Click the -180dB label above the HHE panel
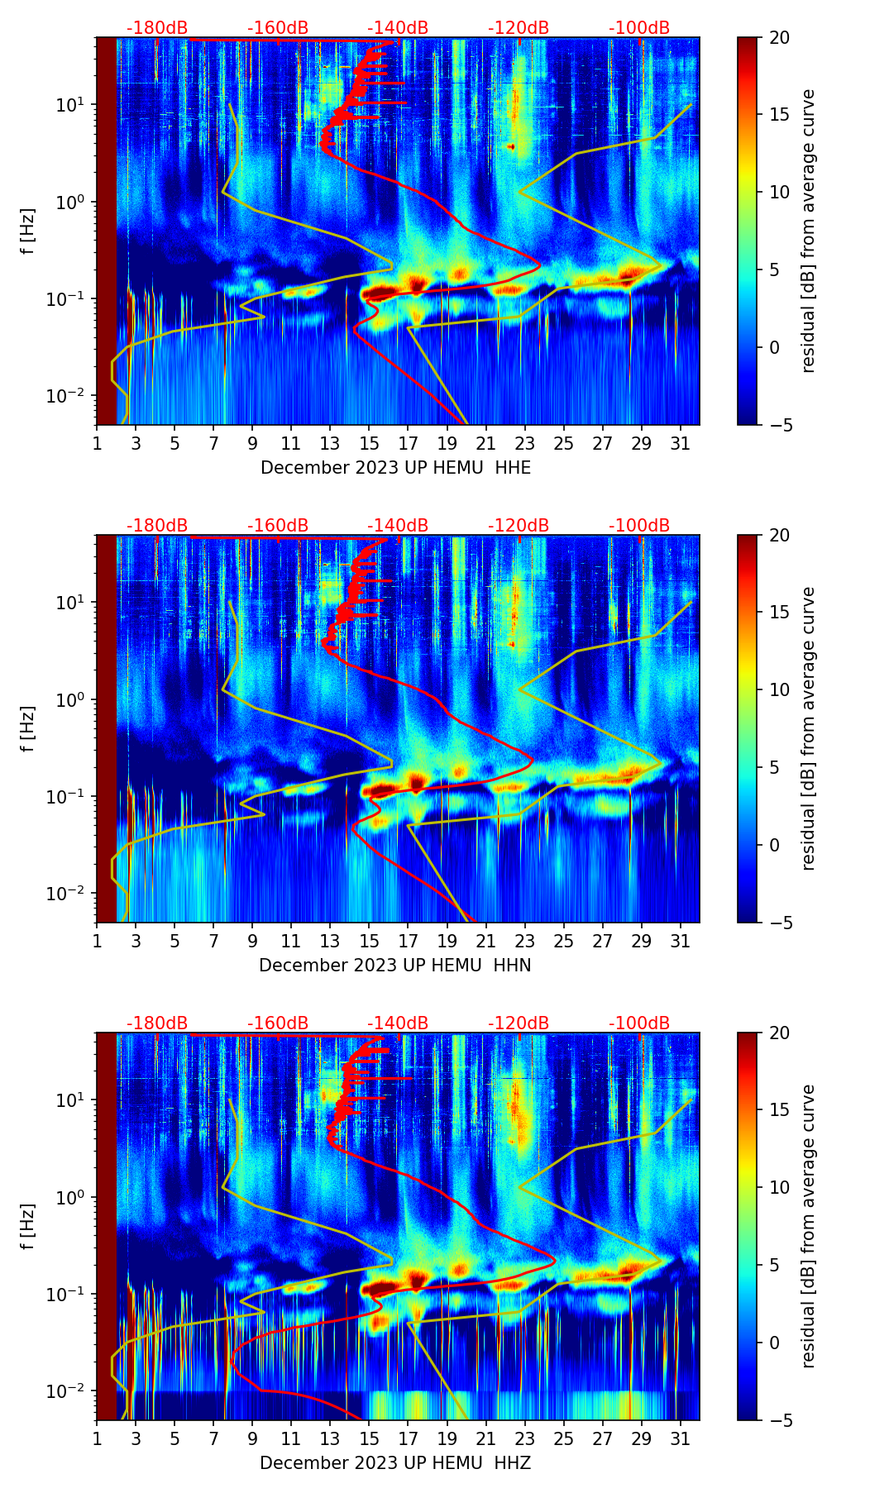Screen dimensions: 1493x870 (157, 28)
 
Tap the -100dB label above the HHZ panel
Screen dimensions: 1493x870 (639, 1023)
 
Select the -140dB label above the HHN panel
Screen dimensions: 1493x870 (398, 526)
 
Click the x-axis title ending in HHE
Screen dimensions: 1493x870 (395, 468)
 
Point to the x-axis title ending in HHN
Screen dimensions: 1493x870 (395, 966)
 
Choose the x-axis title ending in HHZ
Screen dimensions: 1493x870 (395, 1463)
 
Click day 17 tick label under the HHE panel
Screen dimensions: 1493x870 (409, 443)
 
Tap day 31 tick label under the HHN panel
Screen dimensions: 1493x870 (681, 941)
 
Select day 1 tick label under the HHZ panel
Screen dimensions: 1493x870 (97, 1438)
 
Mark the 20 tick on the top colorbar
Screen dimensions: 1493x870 (780, 37)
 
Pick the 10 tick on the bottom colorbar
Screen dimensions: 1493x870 (780, 1188)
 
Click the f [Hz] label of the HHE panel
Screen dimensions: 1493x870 (29, 231)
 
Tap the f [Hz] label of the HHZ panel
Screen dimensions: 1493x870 (29, 1227)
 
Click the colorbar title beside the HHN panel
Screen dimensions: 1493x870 (808, 728)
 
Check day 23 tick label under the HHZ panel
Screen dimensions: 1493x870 (525, 1438)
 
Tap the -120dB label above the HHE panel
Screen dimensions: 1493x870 (519, 28)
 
